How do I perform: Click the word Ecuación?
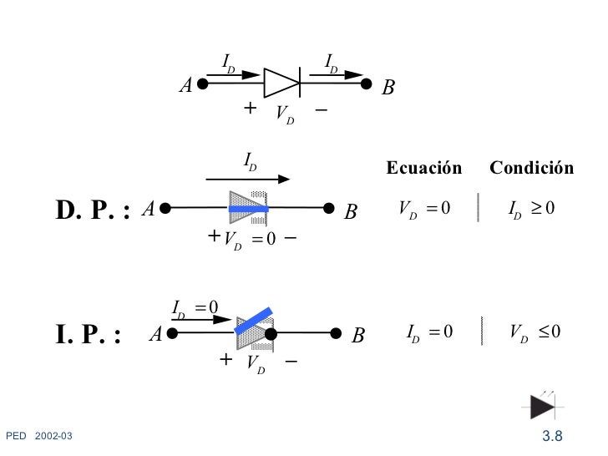point(423,169)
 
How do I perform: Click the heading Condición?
point(531,169)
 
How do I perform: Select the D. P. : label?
point(93,212)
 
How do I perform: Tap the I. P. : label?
point(89,335)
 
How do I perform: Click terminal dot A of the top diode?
point(202,84)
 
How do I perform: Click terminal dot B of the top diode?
point(366,84)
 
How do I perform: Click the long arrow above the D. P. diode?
point(247,178)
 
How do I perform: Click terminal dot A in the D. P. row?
point(166,208)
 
